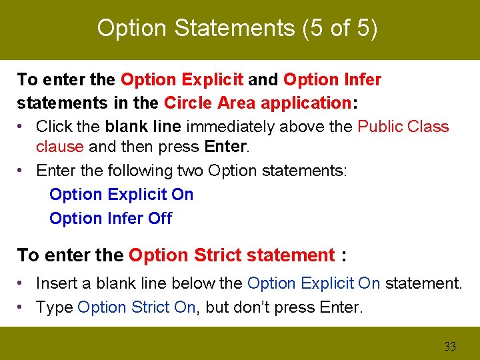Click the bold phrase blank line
(144, 127)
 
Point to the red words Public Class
(403, 127)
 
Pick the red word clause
(59, 146)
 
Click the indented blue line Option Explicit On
(121, 195)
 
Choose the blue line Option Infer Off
(111, 219)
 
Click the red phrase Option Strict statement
(232, 255)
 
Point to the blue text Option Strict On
(136, 307)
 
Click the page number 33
(450, 347)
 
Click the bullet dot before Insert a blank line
(22, 283)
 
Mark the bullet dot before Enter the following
(22, 170)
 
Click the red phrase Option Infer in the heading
(332, 80)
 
